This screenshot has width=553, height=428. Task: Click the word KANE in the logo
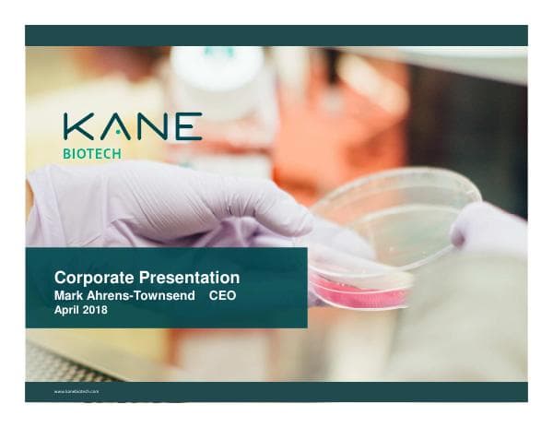click(133, 127)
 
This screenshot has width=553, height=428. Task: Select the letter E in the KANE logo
click(187, 127)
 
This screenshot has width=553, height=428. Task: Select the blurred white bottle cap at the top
click(218, 65)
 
